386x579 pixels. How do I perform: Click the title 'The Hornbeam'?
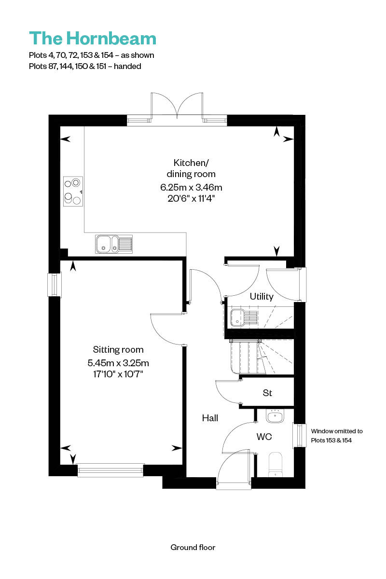(93, 38)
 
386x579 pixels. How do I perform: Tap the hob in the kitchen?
(73, 191)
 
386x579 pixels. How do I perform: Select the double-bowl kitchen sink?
(114, 244)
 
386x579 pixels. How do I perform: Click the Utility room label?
(262, 296)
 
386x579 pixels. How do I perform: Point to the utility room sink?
(244, 317)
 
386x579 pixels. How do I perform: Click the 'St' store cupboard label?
(267, 393)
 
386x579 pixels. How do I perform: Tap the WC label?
(264, 437)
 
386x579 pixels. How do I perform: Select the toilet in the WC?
(276, 464)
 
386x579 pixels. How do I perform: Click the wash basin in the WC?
(275, 416)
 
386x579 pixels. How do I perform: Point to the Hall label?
(210, 418)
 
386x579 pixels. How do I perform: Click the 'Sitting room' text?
(118, 349)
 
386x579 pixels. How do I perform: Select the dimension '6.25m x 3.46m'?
(191, 187)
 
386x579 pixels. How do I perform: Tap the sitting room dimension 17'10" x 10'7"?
(118, 374)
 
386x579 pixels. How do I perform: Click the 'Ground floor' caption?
(193, 547)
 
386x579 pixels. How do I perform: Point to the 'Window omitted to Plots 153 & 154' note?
(337, 436)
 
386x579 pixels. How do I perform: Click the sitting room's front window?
(110, 470)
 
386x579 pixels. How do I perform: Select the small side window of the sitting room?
(55, 284)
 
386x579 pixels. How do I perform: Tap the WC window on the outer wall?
(299, 435)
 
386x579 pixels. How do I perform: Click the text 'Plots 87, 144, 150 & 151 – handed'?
(85, 67)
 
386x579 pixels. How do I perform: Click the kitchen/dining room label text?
(191, 168)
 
